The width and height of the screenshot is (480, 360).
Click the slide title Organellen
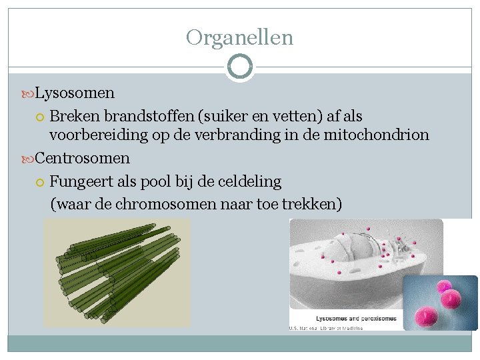tap(239, 37)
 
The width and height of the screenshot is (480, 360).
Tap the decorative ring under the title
tap(239, 67)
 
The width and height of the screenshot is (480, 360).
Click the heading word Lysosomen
tap(75, 93)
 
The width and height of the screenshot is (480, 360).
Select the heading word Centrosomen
tap(82, 159)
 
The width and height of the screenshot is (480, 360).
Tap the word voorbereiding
tap(98, 135)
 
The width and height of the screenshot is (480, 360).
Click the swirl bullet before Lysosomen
tap(27, 93)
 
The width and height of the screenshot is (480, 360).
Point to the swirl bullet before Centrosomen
tap(27, 159)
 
